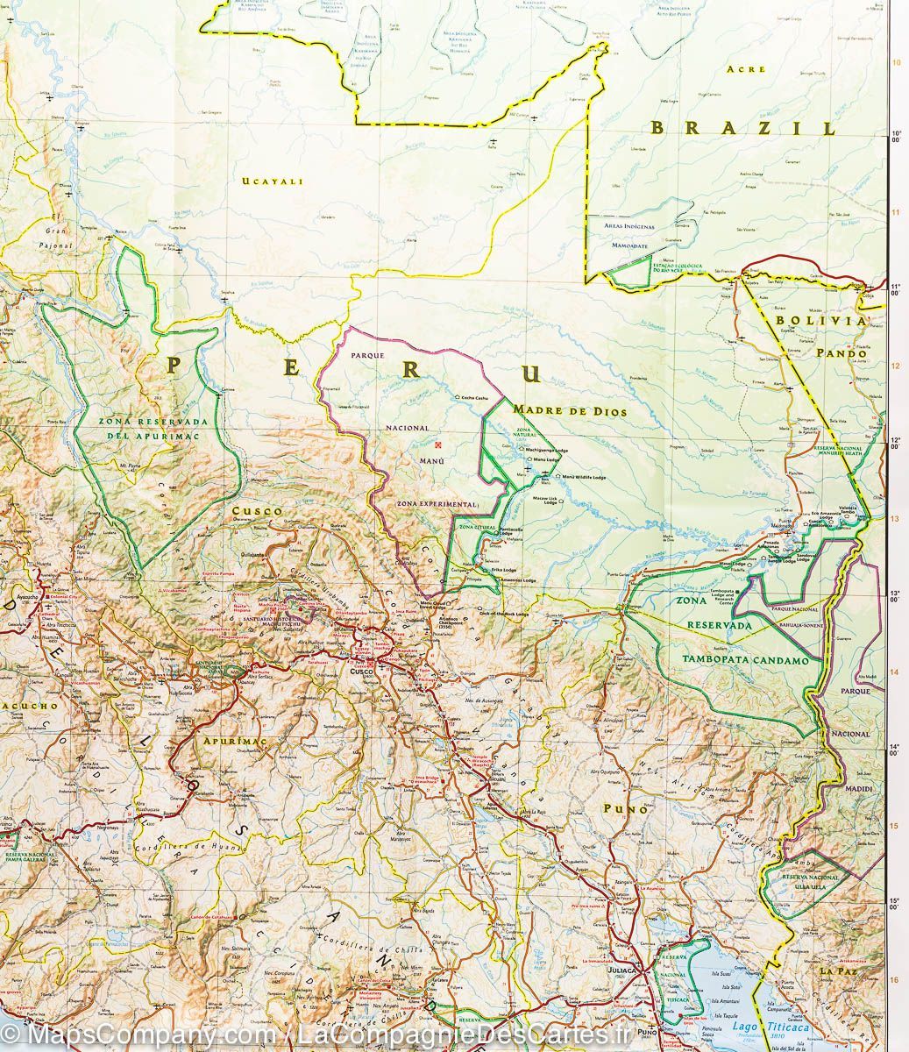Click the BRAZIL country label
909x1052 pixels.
pos(742,128)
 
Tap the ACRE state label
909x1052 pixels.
pos(747,69)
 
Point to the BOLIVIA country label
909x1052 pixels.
pos(820,321)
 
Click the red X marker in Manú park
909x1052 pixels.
pos(439,444)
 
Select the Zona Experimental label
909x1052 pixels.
pos(436,505)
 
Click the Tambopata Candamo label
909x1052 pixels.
pos(744,660)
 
